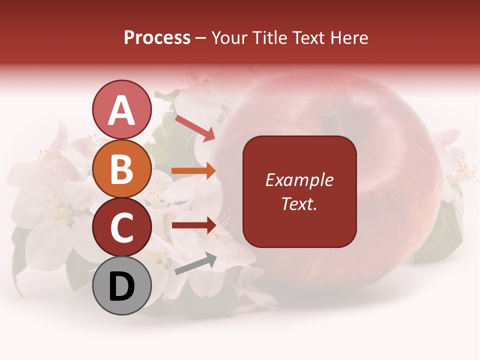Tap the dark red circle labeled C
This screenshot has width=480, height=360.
click(121, 227)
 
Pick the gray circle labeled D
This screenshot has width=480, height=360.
click(121, 286)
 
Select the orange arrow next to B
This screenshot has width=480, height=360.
click(193, 171)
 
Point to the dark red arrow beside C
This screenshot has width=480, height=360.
click(193, 225)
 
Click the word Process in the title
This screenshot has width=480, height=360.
click(157, 38)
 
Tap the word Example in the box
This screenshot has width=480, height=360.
click(299, 180)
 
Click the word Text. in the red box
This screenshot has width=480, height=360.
click(299, 203)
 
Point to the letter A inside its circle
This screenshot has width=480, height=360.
click(121, 110)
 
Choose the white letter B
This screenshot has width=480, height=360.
click(121, 169)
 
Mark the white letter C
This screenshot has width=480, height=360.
click(121, 228)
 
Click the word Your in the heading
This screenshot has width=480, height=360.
click(229, 38)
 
